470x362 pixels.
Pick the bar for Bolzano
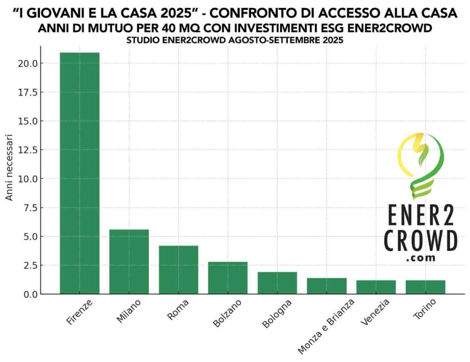[x=228, y=278]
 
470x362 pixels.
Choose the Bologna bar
[x=277, y=283]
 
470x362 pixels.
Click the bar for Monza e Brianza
[x=327, y=286]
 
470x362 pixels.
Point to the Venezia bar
[x=376, y=287]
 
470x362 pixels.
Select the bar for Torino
[x=425, y=287]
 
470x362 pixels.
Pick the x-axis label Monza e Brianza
[x=327, y=326]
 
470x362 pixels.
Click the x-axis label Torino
[x=424, y=310]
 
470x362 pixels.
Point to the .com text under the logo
[x=421, y=259]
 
